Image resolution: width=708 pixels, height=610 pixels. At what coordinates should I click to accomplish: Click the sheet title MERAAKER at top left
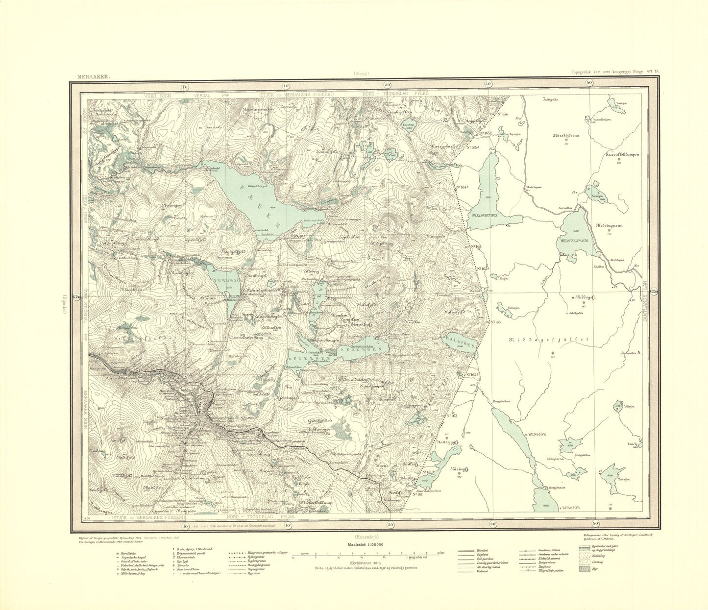point(94,77)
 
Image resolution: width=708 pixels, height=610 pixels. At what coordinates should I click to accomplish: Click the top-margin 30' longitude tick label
point(488,84)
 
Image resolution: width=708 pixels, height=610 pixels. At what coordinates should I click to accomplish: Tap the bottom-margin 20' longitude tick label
point(391,526)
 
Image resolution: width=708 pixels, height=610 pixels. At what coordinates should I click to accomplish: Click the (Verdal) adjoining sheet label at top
point(361,74)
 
